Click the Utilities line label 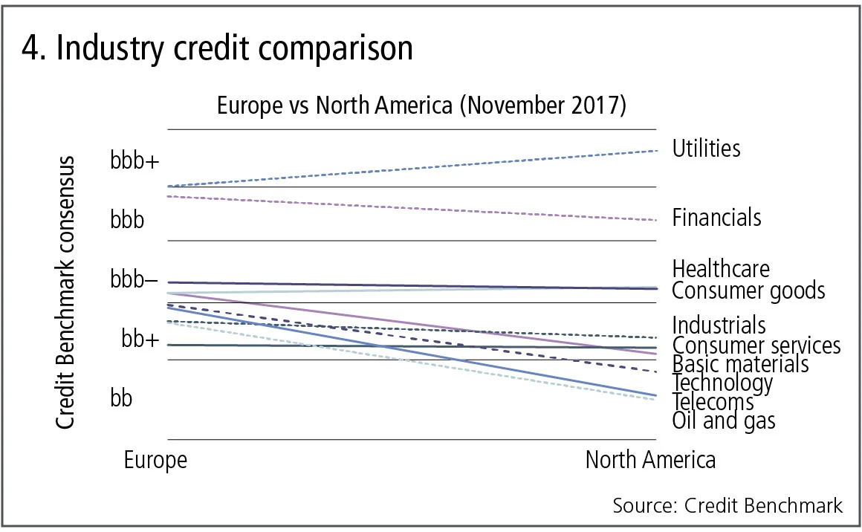coord(706,149)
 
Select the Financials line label coord(716,218)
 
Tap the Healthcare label coord(721,268)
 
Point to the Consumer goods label coord(748,290)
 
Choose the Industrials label coord(719,325)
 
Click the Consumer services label coord(756,346)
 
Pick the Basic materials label coord(740,364)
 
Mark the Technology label coord(722,383)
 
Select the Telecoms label coord(713,402)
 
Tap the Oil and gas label coord(723,421)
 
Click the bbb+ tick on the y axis coord(135,161)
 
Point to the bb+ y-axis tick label coord(140,340)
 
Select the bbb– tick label coord(134,281)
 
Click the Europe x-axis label coord(155,460)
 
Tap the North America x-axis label coord(650,460)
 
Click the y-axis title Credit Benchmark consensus coord(66,293)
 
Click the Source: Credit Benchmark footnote coord(727,505)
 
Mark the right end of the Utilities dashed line coord(658,151)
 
